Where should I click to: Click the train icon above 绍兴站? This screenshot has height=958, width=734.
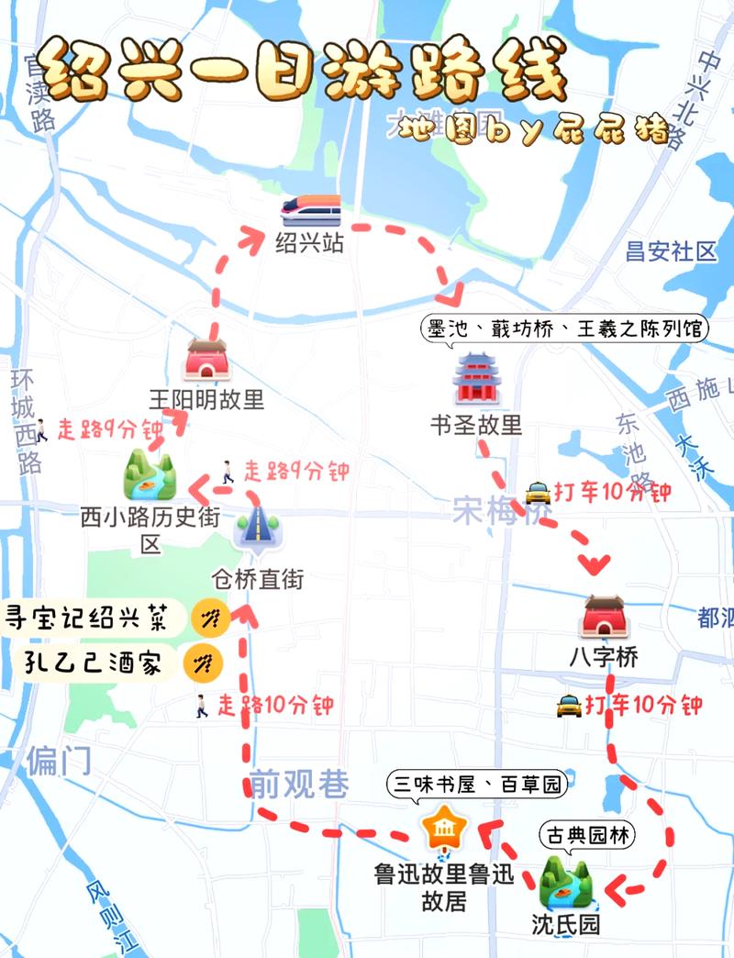(x=311, y=211)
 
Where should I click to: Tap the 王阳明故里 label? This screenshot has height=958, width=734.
(x=206, y=399)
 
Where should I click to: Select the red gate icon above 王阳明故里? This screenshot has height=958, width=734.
(x=206, y=360)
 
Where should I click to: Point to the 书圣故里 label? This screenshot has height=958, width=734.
(x=475, y=425)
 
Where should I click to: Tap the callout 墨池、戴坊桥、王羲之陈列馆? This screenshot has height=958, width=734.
(x=566, y=329)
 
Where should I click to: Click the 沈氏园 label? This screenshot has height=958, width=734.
(x=566, y=923)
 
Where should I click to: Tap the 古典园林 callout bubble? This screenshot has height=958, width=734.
(x=588, y=836)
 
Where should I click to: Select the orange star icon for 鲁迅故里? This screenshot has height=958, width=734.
(x=443, y=830)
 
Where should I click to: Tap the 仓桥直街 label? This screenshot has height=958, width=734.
(x=258, y=580)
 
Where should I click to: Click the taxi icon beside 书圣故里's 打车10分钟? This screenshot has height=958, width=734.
(x=538, y=493)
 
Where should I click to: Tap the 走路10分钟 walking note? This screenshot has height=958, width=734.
(x=262, y=706)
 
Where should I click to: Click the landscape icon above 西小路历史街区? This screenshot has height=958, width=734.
(x=150, y=473)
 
